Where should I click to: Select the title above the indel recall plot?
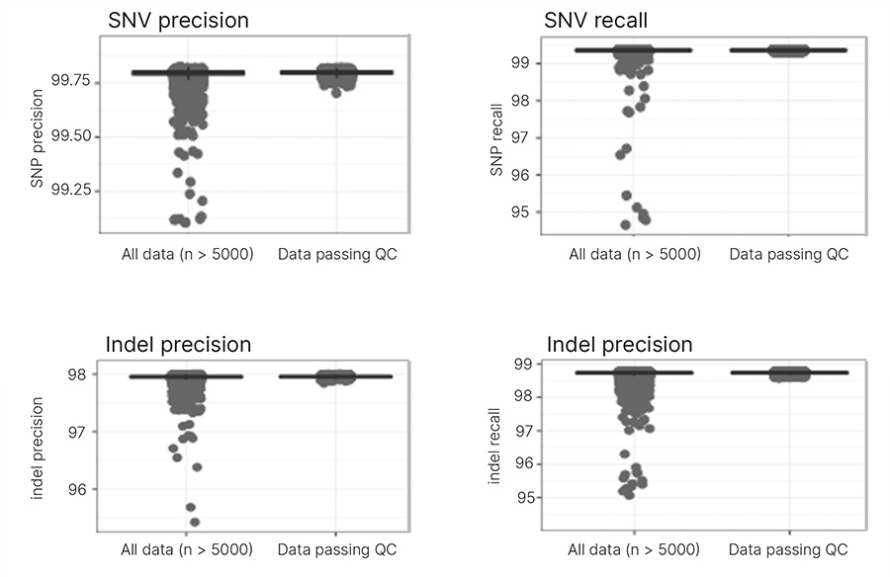point(619,345)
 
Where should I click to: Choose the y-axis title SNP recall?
point(497,139)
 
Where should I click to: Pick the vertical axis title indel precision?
point(38,448)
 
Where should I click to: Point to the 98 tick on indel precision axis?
point(80,374)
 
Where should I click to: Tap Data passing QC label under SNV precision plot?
point(336,254)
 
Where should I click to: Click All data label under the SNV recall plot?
point(635,254)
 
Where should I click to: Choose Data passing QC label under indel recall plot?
point(788,548)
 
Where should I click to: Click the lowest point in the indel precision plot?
point(195,522)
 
